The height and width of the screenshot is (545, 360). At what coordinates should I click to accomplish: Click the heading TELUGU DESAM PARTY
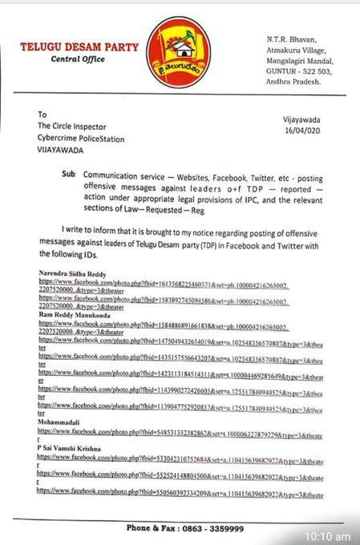pos(79,47)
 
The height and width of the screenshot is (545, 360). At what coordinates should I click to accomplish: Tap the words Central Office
pos(78,59)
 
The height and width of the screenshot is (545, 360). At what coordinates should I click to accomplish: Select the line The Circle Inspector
pos(77,125)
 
